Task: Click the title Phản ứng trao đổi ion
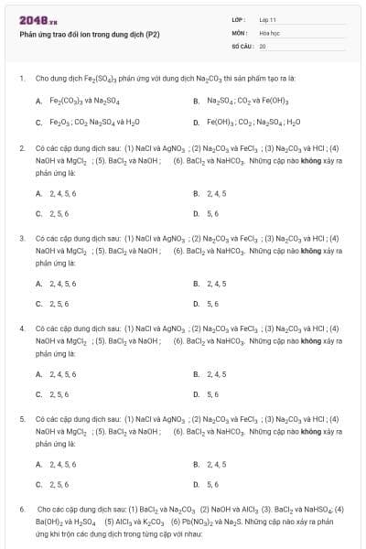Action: coord(90,34)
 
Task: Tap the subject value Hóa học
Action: coord(269,32)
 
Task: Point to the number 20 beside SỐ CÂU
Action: coord(263,45)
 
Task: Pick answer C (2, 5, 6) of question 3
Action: coord(59,304)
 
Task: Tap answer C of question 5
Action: coord(59,484)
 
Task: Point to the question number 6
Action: coord(22,508)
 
